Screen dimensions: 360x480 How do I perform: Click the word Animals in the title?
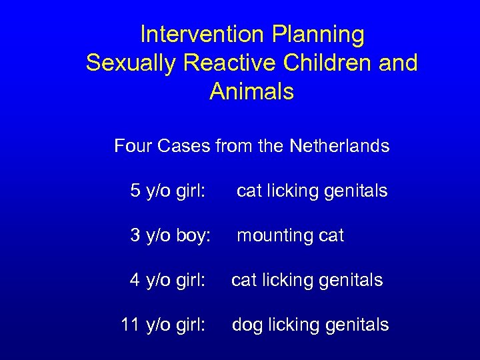[x=251, y=91]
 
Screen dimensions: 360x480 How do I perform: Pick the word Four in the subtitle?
[x=134, y=145]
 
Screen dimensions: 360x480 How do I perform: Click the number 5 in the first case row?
[x=135, y=191]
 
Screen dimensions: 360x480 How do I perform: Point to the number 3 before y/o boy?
[x=135, y=235]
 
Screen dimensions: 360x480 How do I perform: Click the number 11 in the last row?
[x=129, y=325]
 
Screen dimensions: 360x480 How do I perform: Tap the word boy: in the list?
[x=193, y=235]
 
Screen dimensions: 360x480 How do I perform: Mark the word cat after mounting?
[x=331, y=235]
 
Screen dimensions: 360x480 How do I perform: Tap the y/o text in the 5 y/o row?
[x=157, y=191]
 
